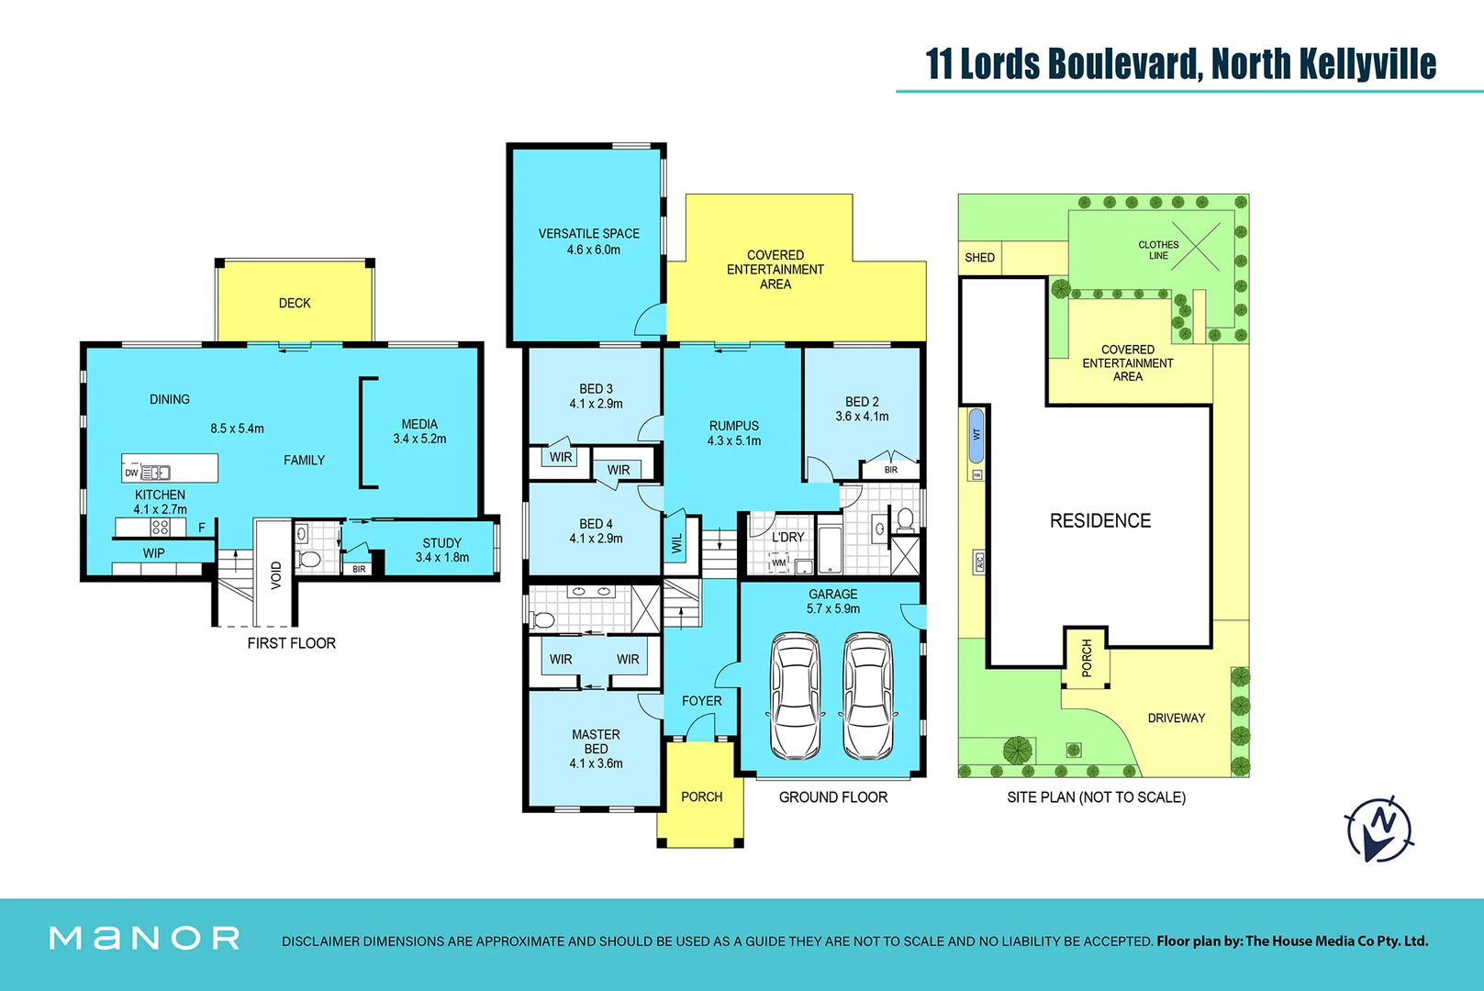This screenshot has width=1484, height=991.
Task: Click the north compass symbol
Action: (1380, 829)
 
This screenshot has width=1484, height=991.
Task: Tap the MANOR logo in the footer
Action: (145, 938)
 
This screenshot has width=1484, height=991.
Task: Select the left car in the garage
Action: (795, 696)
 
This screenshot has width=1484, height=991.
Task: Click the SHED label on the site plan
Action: (979, 258)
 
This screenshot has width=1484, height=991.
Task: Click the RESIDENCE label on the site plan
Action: (1099, 521)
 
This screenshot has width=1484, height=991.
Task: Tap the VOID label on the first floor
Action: (276, 575)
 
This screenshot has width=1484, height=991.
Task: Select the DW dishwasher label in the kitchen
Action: (131, 473)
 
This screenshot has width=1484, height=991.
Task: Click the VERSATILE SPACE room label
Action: (588, 234)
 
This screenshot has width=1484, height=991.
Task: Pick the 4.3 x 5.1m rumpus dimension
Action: (733, 441)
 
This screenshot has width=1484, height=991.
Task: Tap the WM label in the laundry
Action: (778, 562)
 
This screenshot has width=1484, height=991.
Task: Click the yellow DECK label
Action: (295, 304)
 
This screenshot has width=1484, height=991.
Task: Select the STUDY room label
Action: (441, 543)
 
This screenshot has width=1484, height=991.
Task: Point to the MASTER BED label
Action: (596, 741)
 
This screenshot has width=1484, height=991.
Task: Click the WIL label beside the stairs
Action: (677, 544)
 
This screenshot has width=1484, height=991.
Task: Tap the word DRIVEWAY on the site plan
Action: (1176, 718)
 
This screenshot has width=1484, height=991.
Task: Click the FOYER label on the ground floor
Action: (701, 701)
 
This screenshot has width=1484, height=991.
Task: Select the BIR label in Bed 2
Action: (890, 470)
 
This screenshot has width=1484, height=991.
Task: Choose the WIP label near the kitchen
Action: (153, 553)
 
